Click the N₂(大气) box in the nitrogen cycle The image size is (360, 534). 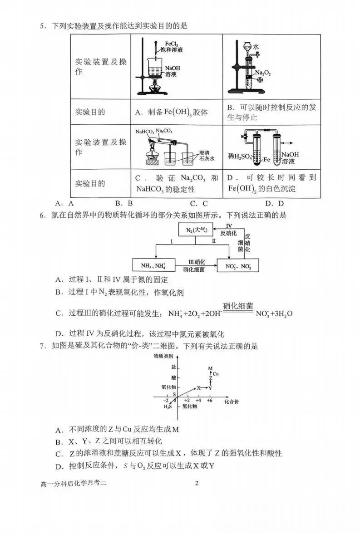click(196, 230)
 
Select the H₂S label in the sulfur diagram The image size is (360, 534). click(168, 407)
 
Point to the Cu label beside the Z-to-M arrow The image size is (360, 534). click(216, 373)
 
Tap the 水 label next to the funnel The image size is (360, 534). click(256, 47)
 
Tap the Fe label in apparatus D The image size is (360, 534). click(266, 160)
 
